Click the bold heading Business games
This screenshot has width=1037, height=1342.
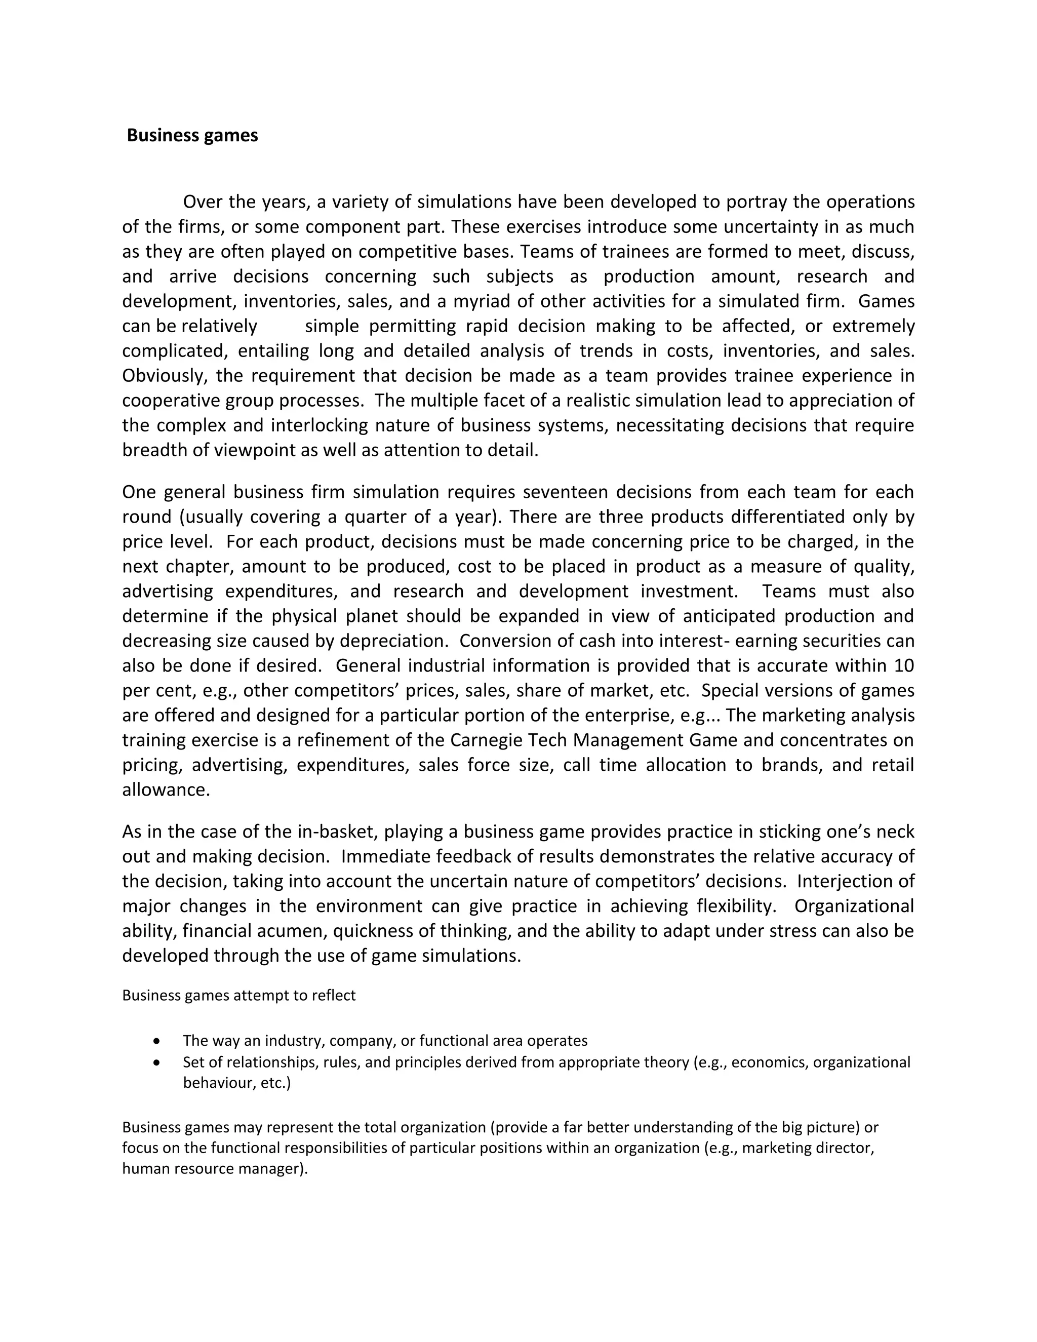(x=192, y=136)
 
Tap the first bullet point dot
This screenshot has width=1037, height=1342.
(x=158, y=1041)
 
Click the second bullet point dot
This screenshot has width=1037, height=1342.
(x=158, y=1062)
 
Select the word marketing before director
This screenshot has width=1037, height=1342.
(x=775, y=1148)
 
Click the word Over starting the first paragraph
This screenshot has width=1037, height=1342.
(x=203, y=202)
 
